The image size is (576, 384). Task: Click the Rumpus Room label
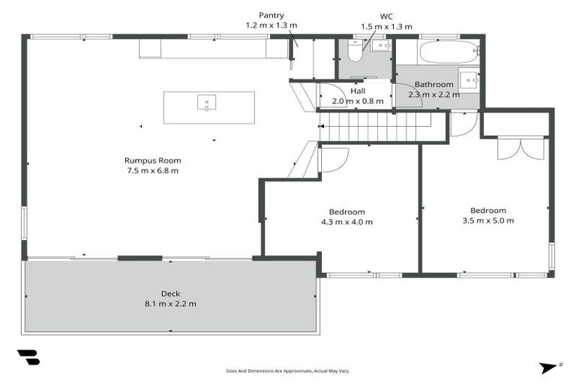(x=152, y=160)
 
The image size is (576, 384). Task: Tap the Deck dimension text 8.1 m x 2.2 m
(x=170, y=304)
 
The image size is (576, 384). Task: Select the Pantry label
(x=271, y=15)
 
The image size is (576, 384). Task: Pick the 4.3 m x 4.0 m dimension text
(x=346, y=222)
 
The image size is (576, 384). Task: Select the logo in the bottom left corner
(x=28, y=358)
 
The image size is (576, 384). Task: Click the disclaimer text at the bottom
(x=288, y=370)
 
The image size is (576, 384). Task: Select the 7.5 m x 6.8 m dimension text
(x=152, y=170)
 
